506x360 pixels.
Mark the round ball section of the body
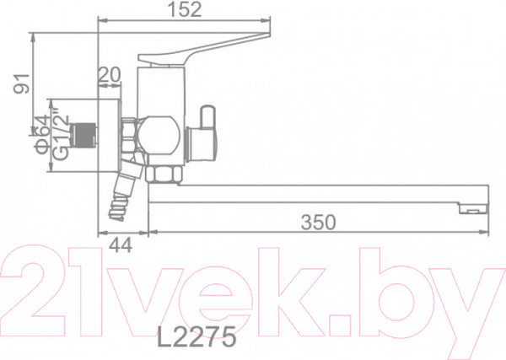(x=158, y=135)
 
